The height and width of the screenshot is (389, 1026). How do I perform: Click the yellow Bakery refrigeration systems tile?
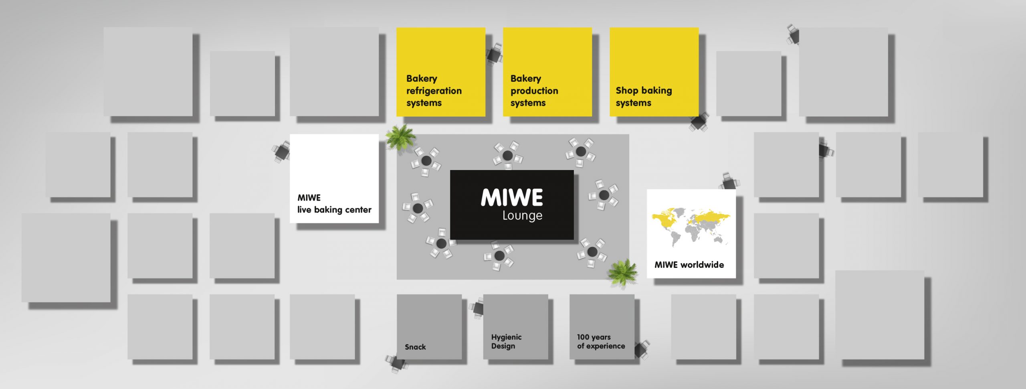pos(440,72)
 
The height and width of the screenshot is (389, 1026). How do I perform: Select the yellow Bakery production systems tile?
pos(547,72)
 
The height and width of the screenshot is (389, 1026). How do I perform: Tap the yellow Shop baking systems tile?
pos(654,72)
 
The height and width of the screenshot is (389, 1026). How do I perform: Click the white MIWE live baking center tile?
pos(334,178)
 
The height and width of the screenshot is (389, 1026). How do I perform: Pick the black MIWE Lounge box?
pos(512,205)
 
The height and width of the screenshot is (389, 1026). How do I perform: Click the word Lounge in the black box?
pos(522,216)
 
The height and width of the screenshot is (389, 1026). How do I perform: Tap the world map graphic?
pos(691,227)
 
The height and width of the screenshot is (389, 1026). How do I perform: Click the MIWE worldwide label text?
pos(689,265)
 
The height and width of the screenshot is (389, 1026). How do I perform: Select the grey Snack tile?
pos(429,327)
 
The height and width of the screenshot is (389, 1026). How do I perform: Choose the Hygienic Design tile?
pos(515,327)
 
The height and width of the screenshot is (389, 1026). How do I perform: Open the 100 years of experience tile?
pos(602,327)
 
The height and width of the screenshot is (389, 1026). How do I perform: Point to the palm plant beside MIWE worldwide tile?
pos(622,273)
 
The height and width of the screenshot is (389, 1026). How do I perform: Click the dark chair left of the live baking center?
pos(282,151)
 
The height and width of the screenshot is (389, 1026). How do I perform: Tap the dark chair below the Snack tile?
pos(397,363)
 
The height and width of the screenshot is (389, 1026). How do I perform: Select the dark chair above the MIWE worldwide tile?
pos(729,181)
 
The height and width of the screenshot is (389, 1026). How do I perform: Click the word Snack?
pos(415,347)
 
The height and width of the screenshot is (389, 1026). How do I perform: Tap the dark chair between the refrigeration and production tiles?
pos(495,54)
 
